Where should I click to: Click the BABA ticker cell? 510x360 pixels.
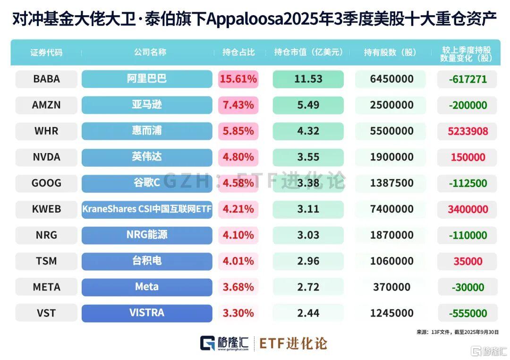pos(46,79)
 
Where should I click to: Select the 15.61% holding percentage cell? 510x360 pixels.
pos(238,79)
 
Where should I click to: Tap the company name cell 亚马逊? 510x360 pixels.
pos(147,105)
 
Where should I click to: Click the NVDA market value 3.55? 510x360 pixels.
pos(308,157)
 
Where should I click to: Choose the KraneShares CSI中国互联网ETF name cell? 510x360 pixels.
pos(147,209)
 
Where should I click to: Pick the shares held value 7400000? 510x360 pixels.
pos(390,209)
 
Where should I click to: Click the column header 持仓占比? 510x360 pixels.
pos(238,52)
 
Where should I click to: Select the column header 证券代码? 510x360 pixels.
pos(46,52)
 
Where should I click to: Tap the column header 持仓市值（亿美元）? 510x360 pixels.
pos(308,52)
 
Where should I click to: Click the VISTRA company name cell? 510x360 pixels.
pos(147,313)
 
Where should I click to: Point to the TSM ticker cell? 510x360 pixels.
pos(46,261)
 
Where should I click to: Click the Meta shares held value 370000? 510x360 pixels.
pos(390,287)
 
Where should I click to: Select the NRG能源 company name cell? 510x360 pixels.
pos(147,235)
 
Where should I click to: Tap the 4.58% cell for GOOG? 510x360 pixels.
pos(238,183)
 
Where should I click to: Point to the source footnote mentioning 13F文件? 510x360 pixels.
pos(457,332)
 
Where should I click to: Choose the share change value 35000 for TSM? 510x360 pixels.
pos(468,261)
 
